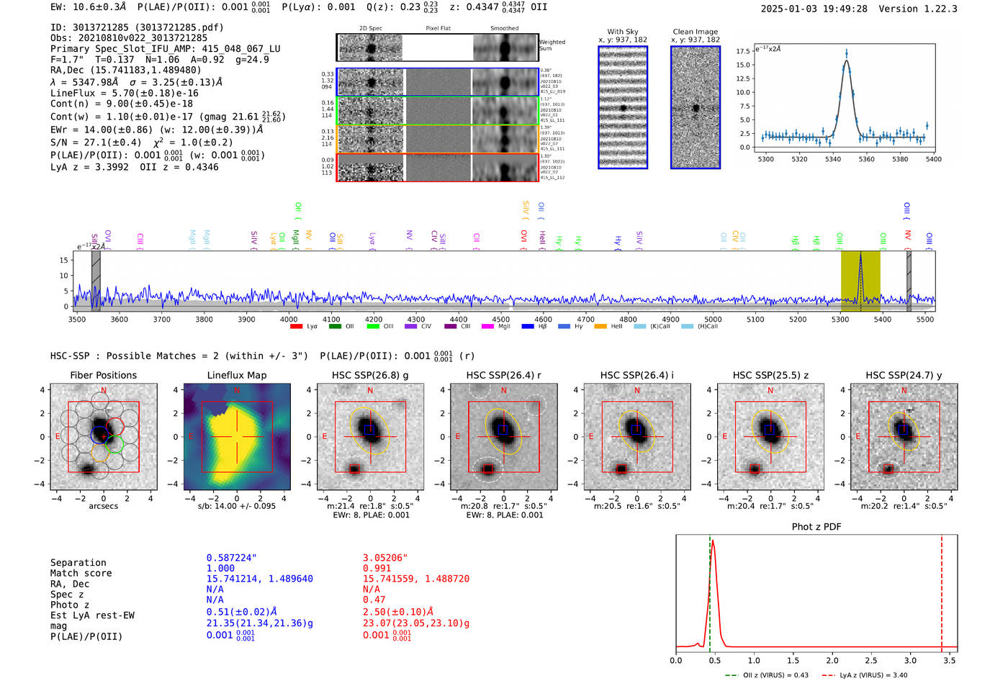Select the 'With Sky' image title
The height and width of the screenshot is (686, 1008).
623,32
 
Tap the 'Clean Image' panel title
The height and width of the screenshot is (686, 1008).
695,32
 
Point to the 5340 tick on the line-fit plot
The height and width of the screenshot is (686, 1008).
833,159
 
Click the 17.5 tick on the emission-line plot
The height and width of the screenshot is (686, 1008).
743,51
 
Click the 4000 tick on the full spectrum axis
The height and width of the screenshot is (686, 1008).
289,319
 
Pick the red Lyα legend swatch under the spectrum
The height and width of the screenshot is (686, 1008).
296,327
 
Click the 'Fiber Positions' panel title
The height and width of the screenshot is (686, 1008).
103,375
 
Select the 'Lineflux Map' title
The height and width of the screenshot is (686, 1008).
237,375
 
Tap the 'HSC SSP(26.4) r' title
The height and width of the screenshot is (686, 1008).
503,375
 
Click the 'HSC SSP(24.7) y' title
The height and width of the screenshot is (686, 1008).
904,375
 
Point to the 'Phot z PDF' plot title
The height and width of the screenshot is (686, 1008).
816,527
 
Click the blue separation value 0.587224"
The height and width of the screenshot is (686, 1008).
232,558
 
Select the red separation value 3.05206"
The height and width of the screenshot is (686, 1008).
385,558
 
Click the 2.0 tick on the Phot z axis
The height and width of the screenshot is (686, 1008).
832,660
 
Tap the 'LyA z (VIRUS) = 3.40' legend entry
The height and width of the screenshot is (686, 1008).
873,675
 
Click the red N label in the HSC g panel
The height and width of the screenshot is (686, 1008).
370,391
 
